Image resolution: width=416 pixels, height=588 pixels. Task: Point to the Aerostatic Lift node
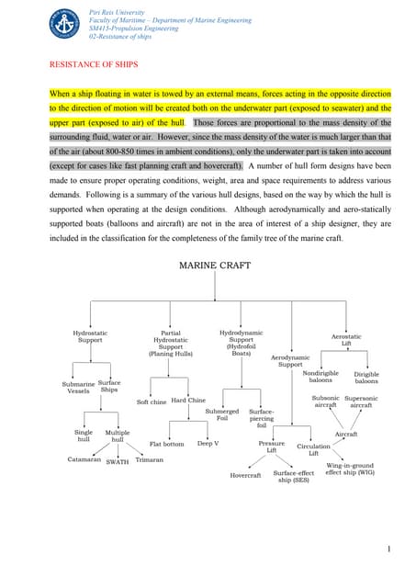pos(346,340)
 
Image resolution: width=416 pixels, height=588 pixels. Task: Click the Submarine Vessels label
pos(79,387)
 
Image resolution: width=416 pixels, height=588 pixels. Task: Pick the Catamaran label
pos(84,458)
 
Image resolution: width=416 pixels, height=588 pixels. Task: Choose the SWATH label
pos(118,462)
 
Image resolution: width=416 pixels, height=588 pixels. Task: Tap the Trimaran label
pos(149,458)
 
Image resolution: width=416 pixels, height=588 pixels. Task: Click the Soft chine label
pos(152,401)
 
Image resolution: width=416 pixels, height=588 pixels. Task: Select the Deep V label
pos(208,444)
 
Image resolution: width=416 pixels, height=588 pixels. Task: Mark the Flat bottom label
pos(167,444)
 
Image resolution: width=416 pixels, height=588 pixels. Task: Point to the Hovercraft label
pos(245,475)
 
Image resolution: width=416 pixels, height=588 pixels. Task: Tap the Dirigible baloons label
pos(366,378)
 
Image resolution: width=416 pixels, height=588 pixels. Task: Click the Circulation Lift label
pos(313,449)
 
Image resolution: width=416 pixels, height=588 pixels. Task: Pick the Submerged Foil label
pos(222,415)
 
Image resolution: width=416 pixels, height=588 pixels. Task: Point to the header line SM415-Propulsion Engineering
pos(130,28)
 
